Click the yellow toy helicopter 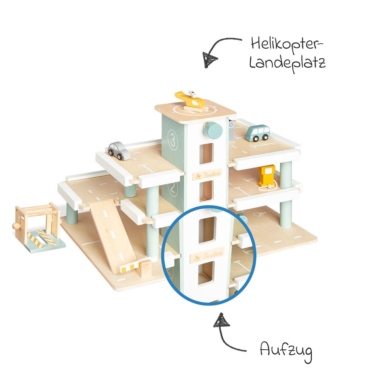191,100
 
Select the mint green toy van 258,133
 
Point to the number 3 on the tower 172,139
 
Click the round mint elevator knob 212,129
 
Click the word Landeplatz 287,63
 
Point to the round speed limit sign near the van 232,125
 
